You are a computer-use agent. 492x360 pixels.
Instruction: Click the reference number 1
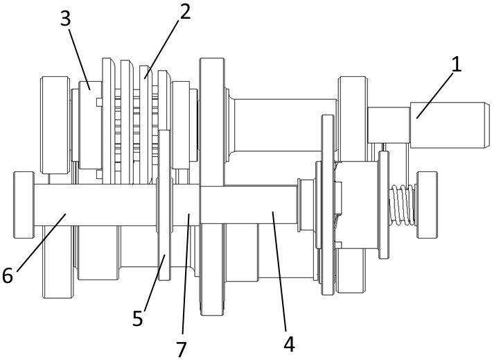click(456, 65)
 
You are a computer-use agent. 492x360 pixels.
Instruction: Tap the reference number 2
click(185, 12)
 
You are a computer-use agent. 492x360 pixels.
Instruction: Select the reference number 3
click(65, 19)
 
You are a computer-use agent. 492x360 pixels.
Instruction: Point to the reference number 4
click(289, 344)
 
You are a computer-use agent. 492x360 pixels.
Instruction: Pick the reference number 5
click(137, 318)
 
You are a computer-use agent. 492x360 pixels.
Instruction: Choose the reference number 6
click(8, 275)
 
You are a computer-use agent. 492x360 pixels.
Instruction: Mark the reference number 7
click(182, 350)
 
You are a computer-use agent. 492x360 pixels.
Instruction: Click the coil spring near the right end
click(402, 205)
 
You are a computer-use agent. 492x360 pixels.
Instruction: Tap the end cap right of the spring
click(427, 205)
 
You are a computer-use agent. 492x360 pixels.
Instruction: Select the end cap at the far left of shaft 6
click(24, 205)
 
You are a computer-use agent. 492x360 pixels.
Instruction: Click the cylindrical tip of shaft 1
click(450, 125)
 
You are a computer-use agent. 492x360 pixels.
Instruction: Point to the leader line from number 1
click(435, 96)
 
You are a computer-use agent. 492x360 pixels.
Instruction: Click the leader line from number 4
click(279, 271)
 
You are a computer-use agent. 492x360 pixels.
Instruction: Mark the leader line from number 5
click(155, 283)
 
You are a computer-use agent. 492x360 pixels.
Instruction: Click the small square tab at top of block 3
click(98, 102)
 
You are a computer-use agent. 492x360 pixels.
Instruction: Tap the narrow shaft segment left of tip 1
click(389, 125)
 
